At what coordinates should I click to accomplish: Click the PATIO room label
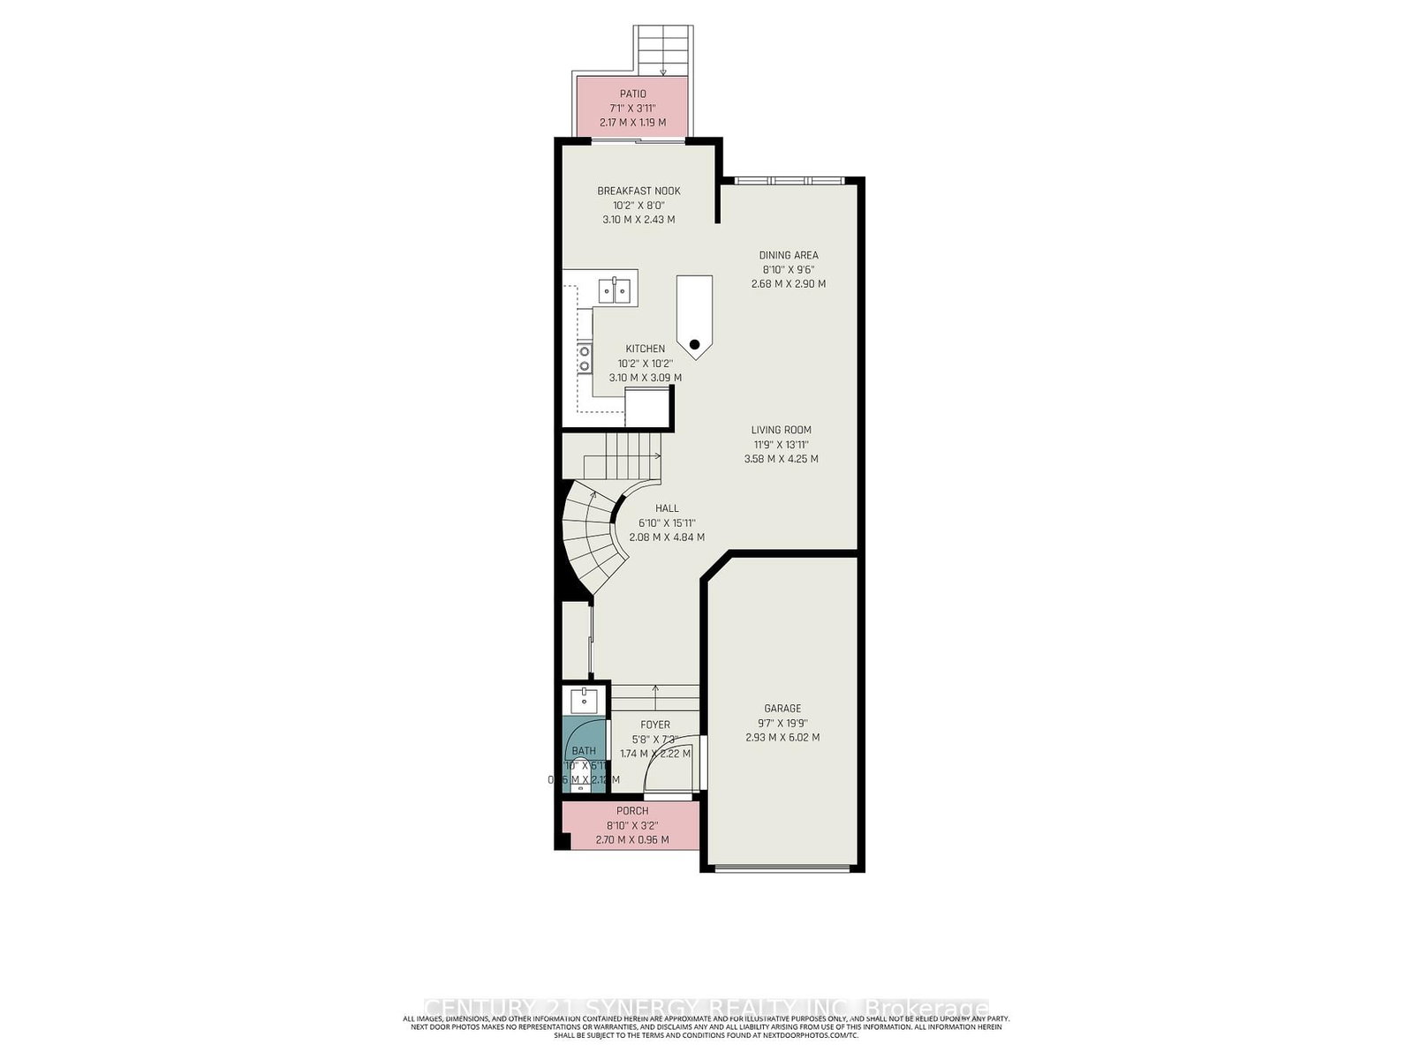[x=632, y=94]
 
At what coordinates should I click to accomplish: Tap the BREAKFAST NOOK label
[x=638, y=191]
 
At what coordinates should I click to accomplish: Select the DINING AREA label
[x=789, y=255]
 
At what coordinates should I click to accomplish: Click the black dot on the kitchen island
[x=695, y=344]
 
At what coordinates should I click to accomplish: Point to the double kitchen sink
[x=615, y=289]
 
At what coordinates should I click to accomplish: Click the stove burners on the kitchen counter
[x=584, y=358]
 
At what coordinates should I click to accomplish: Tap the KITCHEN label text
[x=646, y=349]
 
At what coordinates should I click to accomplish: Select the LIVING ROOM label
[x=782, y=431]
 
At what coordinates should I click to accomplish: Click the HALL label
[x=667, y=508]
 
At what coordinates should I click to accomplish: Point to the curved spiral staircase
[x=590, y=538]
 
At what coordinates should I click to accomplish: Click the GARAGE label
[x=782, y=708]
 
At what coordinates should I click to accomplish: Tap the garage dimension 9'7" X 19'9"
[x=782, y=723]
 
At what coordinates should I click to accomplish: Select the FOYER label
[x=655, y=725]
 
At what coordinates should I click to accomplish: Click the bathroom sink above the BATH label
[x=584, y=702]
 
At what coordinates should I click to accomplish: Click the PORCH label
[x=632, y=810]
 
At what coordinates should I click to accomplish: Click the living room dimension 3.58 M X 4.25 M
[x=782, y=459]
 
